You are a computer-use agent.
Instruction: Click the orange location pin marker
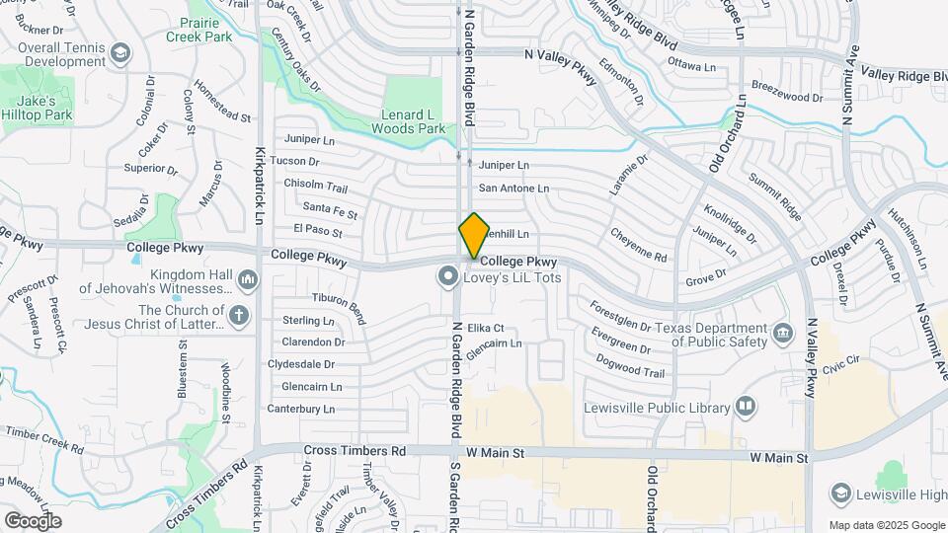[474, 235]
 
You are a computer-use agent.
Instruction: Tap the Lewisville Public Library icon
[746, 407]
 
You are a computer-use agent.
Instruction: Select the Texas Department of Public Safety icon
[783, 332]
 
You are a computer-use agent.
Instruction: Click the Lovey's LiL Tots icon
[448, 277]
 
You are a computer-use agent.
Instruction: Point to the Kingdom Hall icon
[247, 281]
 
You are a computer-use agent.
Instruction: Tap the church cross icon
[238, 316]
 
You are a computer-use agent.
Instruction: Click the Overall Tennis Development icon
[120, 52]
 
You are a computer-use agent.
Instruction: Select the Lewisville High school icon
[840, 493]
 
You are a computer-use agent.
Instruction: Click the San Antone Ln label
[513, 188]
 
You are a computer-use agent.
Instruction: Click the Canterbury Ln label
[301, 409]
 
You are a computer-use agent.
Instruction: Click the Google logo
[33, 520]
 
